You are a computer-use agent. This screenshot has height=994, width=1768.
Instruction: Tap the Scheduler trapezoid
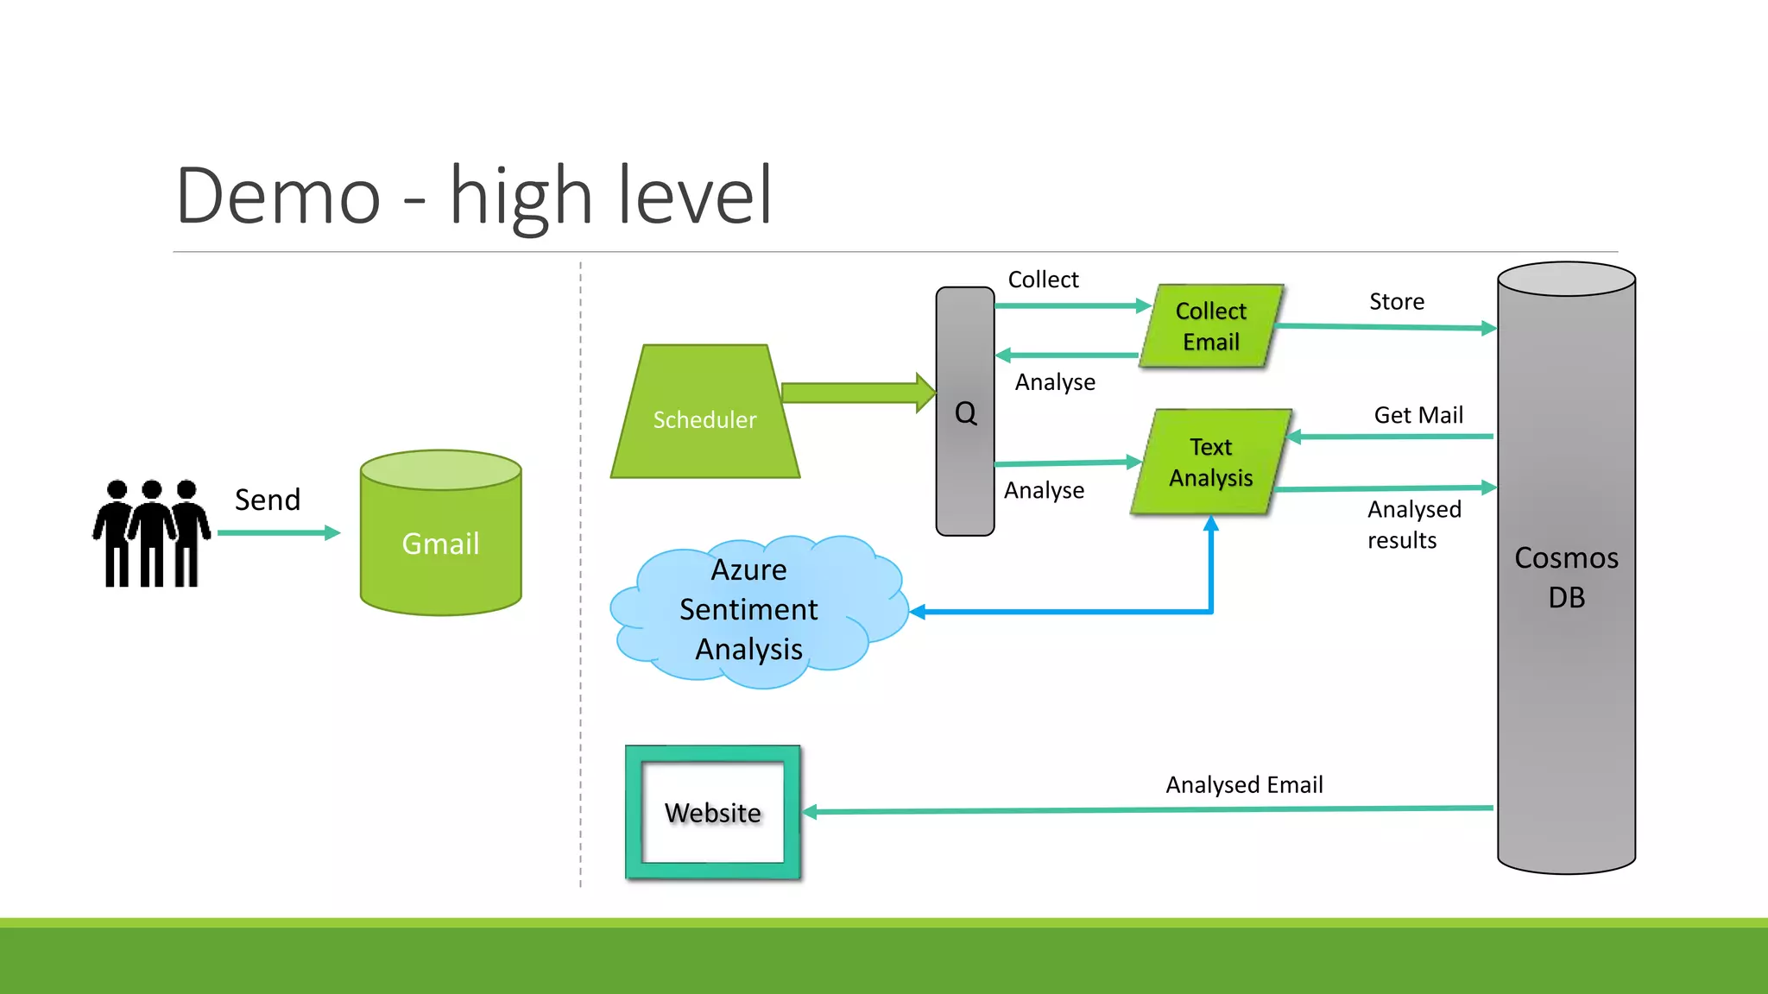(x=704, y=418)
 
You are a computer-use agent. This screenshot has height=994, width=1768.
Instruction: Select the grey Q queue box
(x=965, y=412)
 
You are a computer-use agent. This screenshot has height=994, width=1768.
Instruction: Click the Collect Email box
(x=1210, y=326)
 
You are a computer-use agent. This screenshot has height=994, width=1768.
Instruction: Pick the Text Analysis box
(x=1210, y=462)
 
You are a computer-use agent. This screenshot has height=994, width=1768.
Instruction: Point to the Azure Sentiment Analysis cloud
(x=749, y=610)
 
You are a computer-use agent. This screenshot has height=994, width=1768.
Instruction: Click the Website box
(x=713, y=813)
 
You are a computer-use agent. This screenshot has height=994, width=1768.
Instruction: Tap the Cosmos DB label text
(x=1566, y=577)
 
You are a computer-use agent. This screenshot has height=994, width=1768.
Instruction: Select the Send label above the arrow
(x=268, y=500)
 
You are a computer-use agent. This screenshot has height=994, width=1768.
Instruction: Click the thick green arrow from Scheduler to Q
(x=855, y=393)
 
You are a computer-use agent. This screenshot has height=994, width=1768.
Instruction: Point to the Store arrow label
(x=1396, y=302)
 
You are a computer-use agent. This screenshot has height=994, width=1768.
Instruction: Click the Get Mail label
(x=1418, y=415)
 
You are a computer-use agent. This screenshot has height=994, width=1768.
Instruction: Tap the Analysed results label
(x=1413, y=525)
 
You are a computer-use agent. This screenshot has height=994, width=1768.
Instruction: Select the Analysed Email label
(x=1244, y=784)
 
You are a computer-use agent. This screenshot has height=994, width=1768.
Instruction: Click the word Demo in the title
(x=278, y=196)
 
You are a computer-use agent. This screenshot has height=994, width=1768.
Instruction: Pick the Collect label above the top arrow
(x=1043, y=280)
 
